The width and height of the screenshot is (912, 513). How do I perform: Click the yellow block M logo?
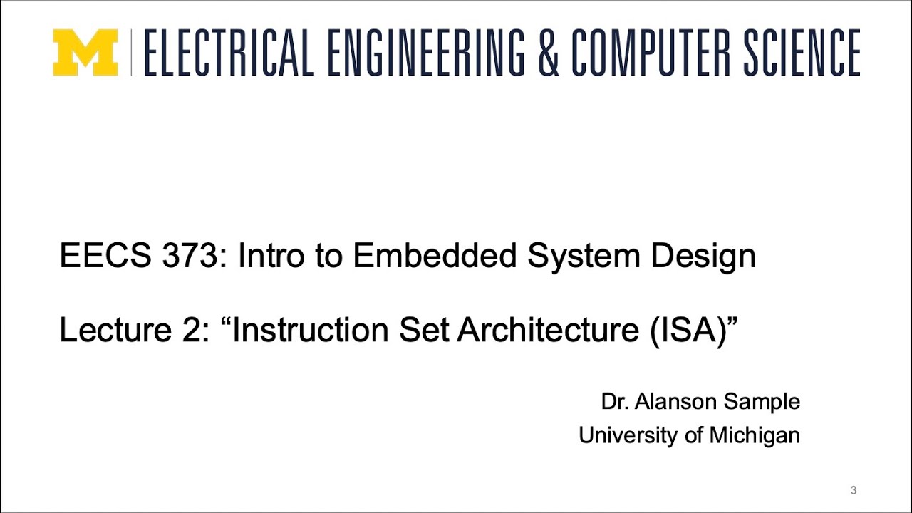85,52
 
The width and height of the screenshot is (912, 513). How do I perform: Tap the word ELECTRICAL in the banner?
228,53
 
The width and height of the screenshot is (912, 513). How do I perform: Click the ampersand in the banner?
549,53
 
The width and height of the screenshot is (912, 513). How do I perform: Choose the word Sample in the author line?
762,402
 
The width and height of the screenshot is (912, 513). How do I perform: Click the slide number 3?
854,490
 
